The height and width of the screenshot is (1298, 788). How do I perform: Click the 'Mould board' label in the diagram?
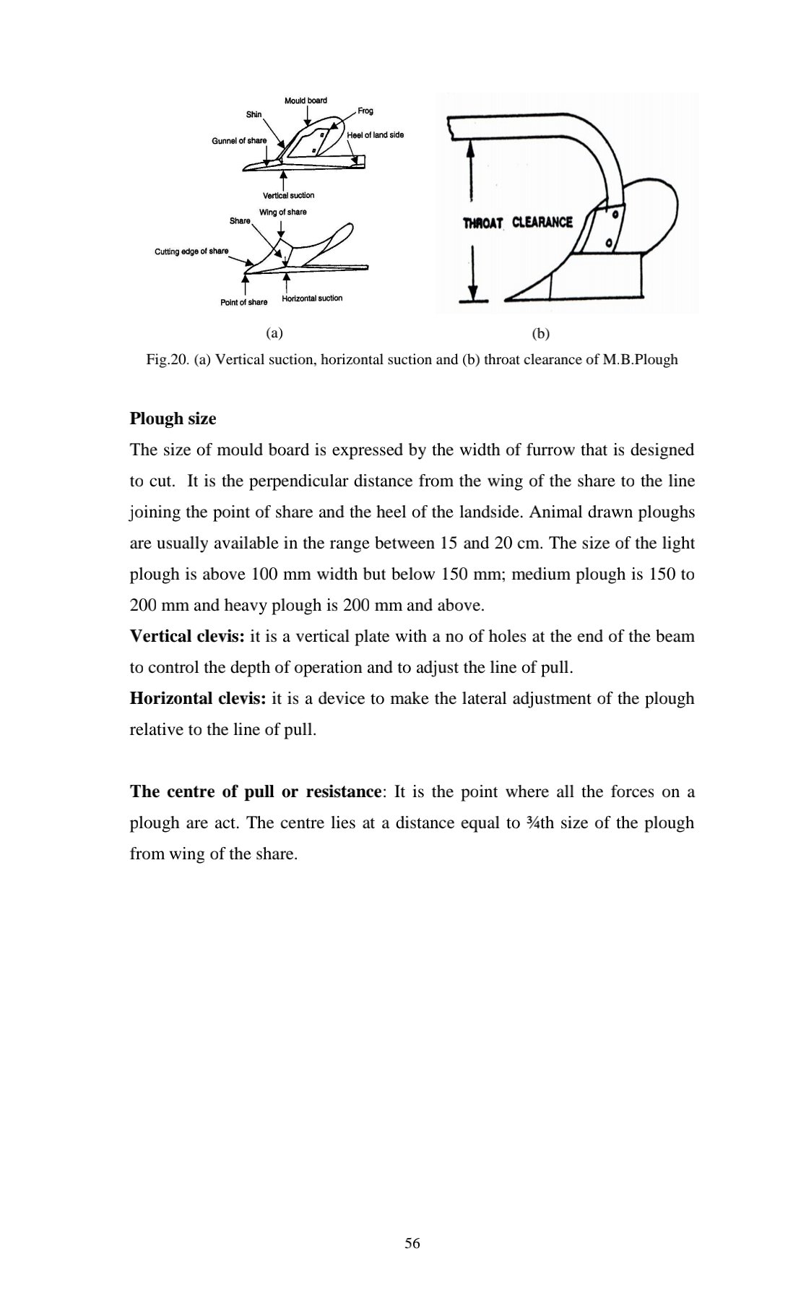tap(306, 100)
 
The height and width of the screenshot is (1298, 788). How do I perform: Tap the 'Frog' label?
tap(365, 111)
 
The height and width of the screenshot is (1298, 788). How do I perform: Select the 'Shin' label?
tap(254, 114)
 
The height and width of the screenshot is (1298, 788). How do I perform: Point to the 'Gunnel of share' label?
tap(239, 140)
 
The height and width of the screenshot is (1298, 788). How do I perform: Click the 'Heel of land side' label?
tap(375, 135)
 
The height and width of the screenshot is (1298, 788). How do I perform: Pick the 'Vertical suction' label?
tap(288, 195)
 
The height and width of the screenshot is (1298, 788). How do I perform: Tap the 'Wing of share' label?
tap(282, 212)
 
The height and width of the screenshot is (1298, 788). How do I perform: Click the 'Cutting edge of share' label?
tap(191, 251)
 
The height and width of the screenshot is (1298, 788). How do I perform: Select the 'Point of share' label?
tap(243, 302)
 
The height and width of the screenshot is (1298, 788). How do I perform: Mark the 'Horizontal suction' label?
tap(312, 298)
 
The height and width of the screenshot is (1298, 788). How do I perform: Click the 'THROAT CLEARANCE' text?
tap(517, 223)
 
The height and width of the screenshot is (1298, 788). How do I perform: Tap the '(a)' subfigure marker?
tap(274, 333)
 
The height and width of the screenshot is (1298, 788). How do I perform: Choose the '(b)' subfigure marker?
tap(540, 333)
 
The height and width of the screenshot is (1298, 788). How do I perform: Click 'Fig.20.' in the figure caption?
tap(168, 359)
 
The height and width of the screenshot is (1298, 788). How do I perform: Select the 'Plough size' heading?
tap(173, 419)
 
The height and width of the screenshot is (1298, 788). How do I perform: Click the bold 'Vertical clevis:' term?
tap(187, 637)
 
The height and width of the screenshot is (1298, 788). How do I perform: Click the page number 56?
tap(412, 1244)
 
